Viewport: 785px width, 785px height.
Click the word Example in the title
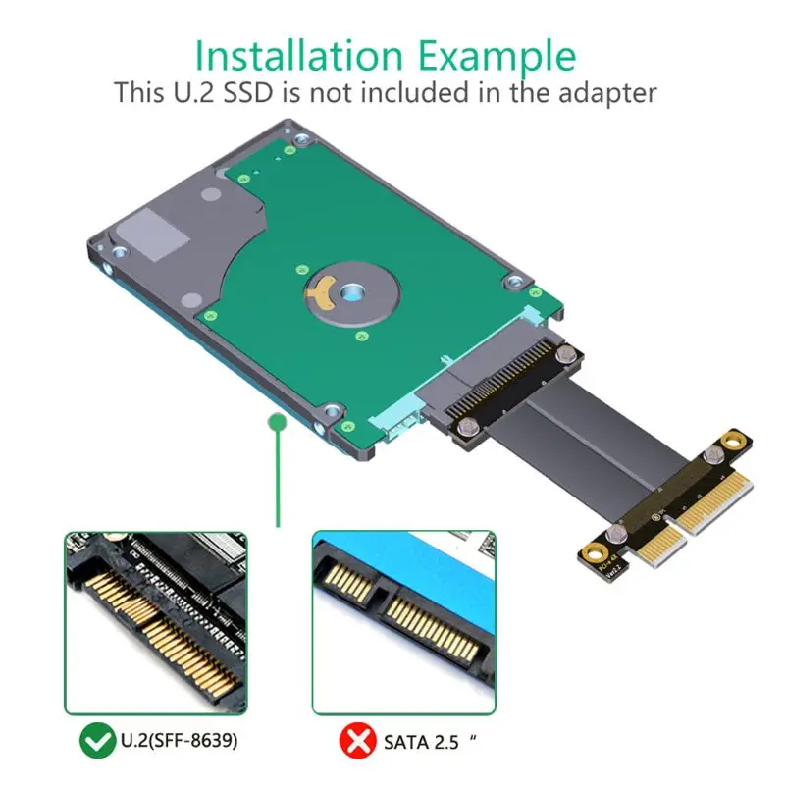(500, 56)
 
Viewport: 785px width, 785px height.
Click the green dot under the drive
(278, 422)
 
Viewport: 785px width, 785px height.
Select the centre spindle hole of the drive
(351, 291)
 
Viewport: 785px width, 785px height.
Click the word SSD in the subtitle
(248, 93)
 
